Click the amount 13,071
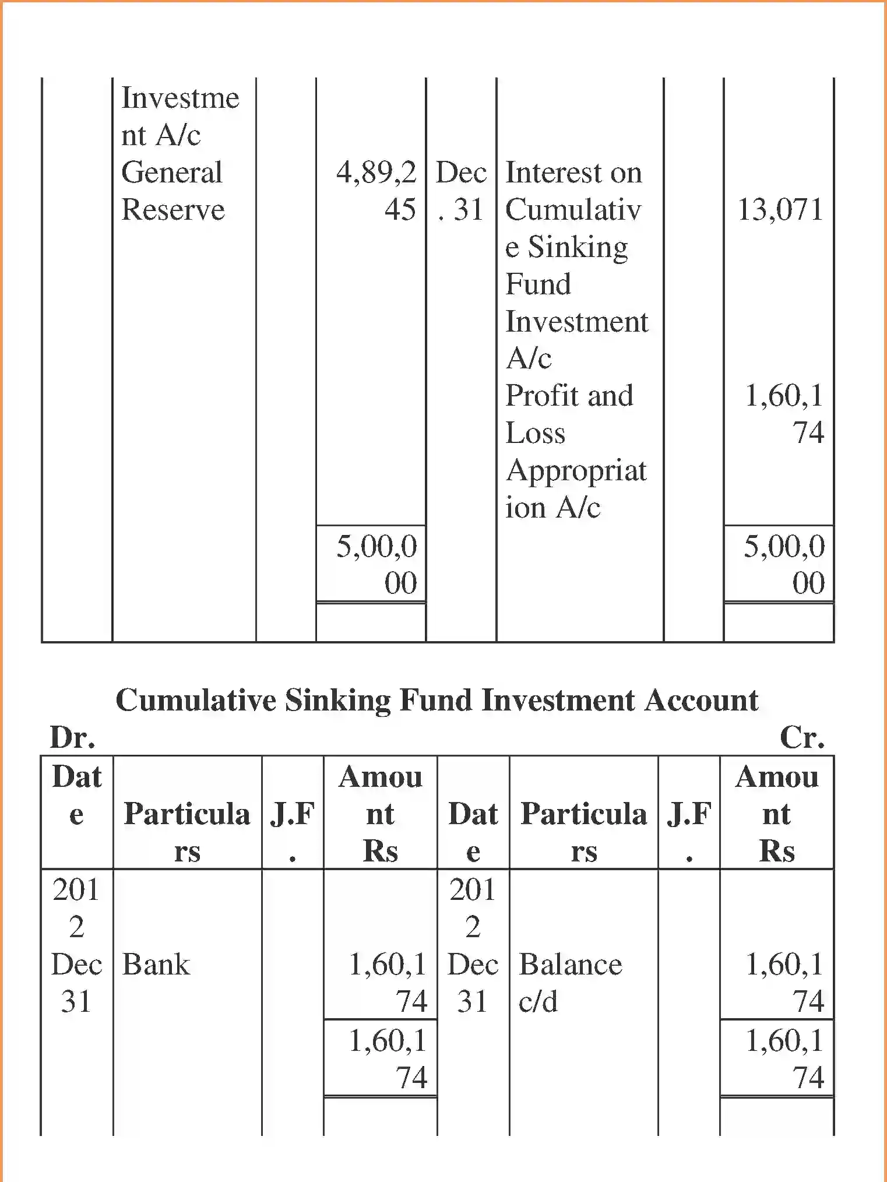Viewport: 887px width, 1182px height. (780, 210)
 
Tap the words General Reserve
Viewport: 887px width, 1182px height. (173, 191)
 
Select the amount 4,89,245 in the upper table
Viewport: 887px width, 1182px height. (377, 191)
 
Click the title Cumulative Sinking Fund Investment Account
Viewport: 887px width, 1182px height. (437, 700)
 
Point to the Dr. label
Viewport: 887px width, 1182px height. (72, 738)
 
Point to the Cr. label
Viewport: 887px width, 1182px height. (802, 738)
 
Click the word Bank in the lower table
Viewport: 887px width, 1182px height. (156, 965)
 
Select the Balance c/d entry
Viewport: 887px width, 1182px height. (570, 983)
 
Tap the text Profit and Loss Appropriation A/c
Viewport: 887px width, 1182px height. (575, 451)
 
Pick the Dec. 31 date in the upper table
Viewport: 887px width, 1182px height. (461, 191)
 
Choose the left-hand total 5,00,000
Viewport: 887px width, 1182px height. (377, 564)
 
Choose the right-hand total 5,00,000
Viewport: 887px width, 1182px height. (784, 564)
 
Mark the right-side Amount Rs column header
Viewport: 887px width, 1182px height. (777, 814)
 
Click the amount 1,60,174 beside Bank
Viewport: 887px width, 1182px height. (388, 983)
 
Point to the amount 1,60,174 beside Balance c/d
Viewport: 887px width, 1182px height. (784, 983)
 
